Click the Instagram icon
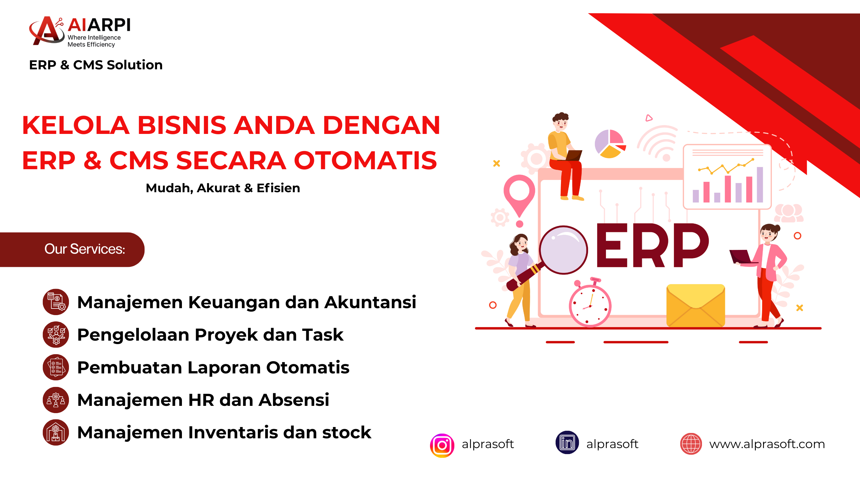click(442, 445)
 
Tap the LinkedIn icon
click(567, 442)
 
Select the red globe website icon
click(691, 444)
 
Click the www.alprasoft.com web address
click(767, 444)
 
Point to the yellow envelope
click(695, 305)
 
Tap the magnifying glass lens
click(563, 250)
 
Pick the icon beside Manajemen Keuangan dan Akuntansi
click(56, 302)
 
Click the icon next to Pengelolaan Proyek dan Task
click(56, 335)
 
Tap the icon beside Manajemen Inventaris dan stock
click(56, 432)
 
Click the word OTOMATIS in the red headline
click(365, 160)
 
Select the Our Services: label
click(85, 249)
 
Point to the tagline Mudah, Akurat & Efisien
click(223, 188)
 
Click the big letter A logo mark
click(47, 31)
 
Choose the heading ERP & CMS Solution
click(96, 65)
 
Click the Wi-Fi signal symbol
click(657, 143)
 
